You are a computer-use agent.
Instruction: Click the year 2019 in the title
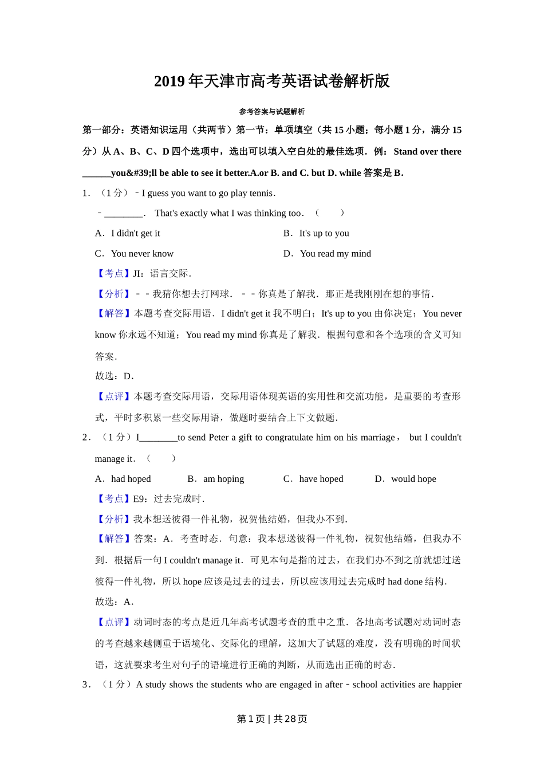point(169,81)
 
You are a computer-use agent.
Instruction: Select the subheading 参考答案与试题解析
point(272,112)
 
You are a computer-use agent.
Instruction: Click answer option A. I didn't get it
point(128,233)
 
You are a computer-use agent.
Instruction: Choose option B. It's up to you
point(317,233)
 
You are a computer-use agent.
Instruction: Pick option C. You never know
point(135,253)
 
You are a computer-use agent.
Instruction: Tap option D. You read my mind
point(328,253)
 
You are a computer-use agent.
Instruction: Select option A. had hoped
point(123,479)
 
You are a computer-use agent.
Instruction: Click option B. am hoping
point(216,479)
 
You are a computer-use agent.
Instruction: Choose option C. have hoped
point(313,479)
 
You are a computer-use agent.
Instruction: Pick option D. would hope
point(405,479)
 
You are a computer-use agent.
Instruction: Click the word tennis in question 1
point(262,193)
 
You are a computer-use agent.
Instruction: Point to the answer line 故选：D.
point(115,376)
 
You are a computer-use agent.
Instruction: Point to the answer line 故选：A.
point(115,602)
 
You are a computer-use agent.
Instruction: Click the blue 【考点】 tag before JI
point(113,274)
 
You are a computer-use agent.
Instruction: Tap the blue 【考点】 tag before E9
point(113,499)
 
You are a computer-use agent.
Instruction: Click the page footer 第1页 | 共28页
point(272,719)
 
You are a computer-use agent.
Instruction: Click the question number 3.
point(86,685)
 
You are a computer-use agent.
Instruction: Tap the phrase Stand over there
point(427,152)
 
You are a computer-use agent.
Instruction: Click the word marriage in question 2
point(376,438)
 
